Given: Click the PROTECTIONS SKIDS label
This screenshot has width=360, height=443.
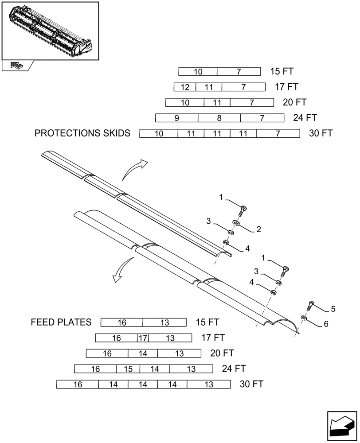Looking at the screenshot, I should click(x=82, y=133).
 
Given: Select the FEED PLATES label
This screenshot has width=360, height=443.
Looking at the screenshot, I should click(x=61, y=322).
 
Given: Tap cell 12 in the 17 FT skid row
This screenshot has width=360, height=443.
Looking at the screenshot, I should click(x=184, y=87).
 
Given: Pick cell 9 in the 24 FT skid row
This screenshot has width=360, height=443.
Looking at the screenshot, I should click(x=176, y=118).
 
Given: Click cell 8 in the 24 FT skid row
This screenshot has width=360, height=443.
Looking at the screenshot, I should click(x=219, y=118).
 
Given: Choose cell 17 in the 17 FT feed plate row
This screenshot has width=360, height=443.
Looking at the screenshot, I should click(x=143, y=338).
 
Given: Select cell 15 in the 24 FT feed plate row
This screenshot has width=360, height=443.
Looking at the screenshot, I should click(x=128, y=369).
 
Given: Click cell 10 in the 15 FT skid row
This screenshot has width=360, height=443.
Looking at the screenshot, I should click(x=198, y=72).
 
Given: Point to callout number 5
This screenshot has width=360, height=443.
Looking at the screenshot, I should click(x=333, y=309).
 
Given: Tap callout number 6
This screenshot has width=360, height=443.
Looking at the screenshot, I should click(x=326, y=324).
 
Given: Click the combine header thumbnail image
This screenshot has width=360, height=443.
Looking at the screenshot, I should click(x=50, y=30).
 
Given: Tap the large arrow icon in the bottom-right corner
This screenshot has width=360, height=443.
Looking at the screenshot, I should click(x=341, y=425).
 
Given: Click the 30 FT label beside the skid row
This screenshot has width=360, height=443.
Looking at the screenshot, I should click(x=321, y=133).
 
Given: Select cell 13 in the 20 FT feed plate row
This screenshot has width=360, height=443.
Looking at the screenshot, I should click(x=179, y=354).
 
